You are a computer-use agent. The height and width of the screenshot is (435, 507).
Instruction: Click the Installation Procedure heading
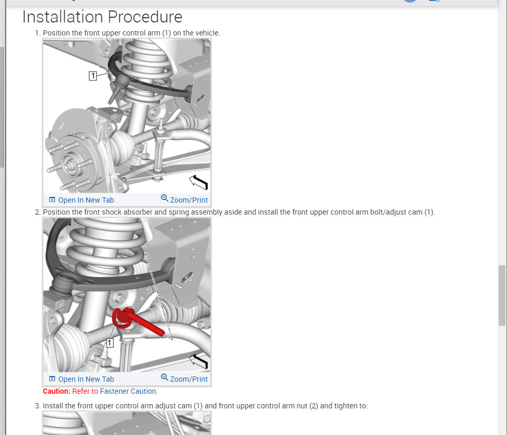coord(102,17)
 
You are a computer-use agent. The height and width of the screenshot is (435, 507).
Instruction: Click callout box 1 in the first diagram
coord(93,76)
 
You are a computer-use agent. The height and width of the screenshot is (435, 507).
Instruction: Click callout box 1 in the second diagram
coord(110,343)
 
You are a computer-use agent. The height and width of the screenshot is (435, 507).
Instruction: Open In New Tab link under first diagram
coord(81,200)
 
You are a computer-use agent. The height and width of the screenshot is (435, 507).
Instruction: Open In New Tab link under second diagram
coord(81,379)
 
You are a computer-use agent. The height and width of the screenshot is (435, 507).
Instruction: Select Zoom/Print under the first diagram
coord(184,199)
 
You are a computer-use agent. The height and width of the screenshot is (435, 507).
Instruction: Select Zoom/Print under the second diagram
coord(184,379)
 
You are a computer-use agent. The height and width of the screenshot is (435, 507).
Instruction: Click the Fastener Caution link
coord(128,391)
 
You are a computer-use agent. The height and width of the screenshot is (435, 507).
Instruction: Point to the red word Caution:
coord(56,391)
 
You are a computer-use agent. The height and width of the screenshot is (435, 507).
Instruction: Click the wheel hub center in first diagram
coord(69,165)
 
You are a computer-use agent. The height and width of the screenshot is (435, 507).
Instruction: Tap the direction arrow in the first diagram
coord(198,182)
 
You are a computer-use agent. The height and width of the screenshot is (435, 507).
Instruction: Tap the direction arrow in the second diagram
coord(198,361)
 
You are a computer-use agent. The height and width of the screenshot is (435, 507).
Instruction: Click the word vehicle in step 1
coord(208,33)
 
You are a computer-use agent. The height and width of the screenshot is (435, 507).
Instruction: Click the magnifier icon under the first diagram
coord(164,198)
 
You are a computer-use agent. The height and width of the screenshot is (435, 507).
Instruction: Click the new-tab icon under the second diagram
coord(52,379)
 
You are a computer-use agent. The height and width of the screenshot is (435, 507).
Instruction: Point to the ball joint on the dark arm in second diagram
coord(62,284)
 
